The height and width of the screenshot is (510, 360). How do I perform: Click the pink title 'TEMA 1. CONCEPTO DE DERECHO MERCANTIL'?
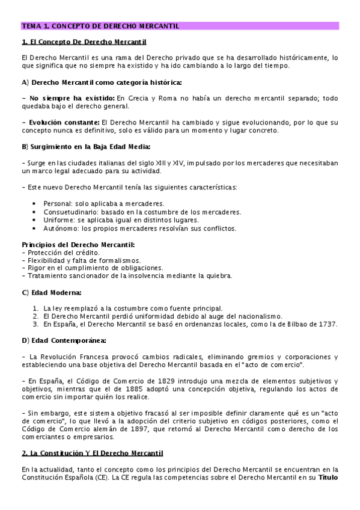click(x=100, y=26)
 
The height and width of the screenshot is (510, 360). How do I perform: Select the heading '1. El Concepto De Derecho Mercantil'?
click(x=84, y=42)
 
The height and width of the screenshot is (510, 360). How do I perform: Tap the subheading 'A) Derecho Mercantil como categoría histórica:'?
click(x=102, y=81)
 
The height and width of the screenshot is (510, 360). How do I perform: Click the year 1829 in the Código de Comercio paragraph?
click(x=153, y=381)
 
